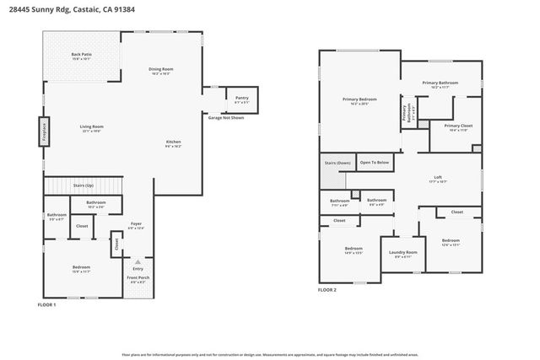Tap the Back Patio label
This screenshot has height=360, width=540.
(x=82, y=56)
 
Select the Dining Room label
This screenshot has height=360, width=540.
(x=161, y=70)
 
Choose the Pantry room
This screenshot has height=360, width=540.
(x=241, y=99)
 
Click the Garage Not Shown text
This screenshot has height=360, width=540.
(x=225, y=118)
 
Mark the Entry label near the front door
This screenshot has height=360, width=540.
(x=138, y=268)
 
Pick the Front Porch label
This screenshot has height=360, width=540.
(x=138, y=279)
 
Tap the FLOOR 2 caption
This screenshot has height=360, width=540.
(x=327, y=289)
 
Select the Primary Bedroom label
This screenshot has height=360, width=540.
(x=359, y=100)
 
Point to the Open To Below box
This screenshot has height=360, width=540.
(x=375, y=162)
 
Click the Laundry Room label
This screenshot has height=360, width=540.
(x=403, y=253)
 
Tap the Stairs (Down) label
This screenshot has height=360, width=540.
(x=332, y=162)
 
